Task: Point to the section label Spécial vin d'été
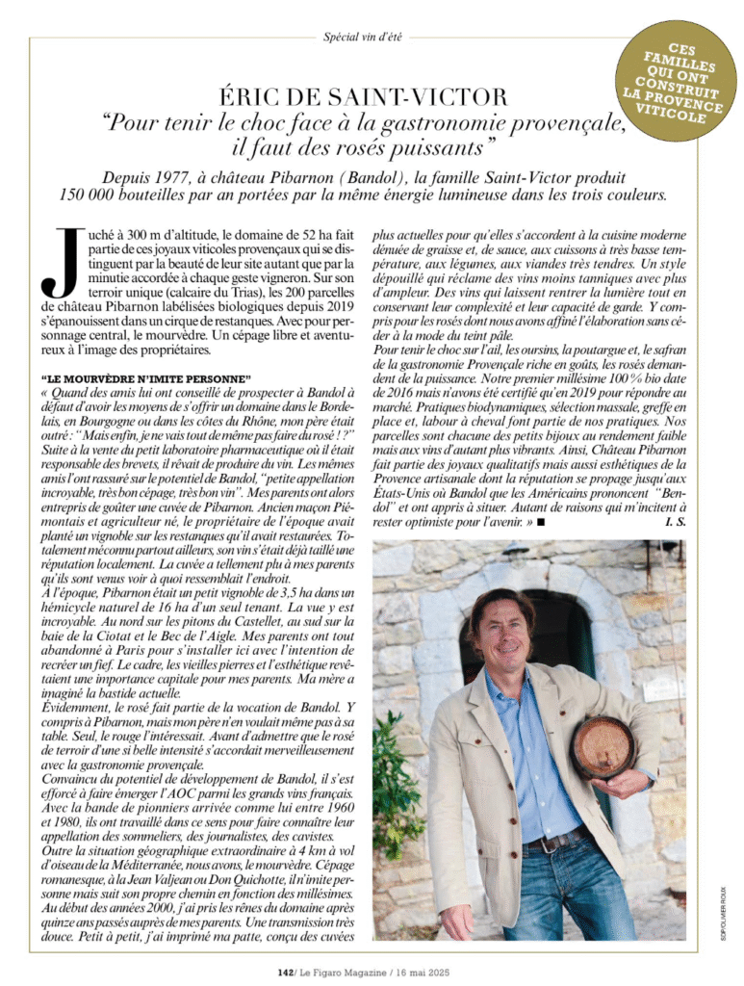coord(363,37)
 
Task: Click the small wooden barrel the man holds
coord(603,745)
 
